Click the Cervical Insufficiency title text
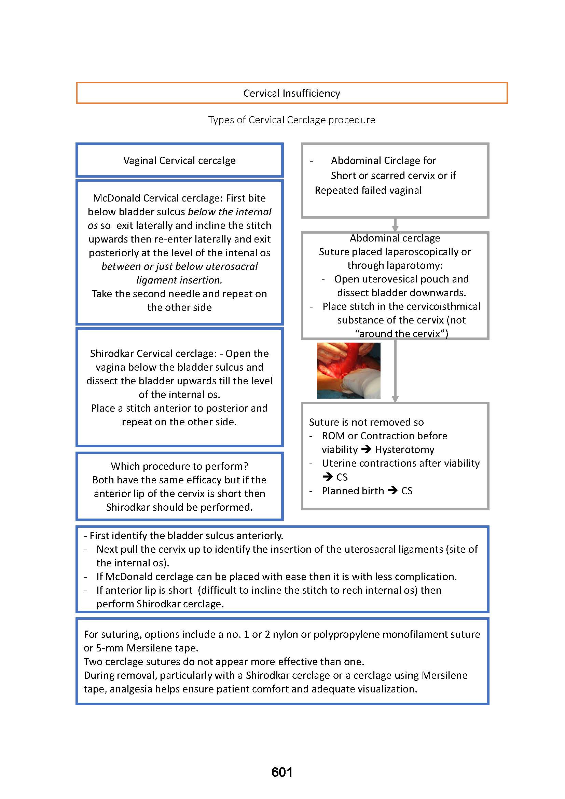pyautogui.click(x=291, y=93)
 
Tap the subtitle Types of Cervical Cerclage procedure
pyautogui.click(x=291, y=120)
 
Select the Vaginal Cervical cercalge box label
pyautogui.click(x=179, y=161)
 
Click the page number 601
pyautogui.click(x=282, y=772)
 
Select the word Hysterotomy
pyautogui.click(x=404, y=450)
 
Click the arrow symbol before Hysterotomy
pyautogui.click(x=366, y=449)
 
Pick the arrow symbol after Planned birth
pyautogui.click(x=392, y=491)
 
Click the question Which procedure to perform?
pyautogui.click(x=179, y=466)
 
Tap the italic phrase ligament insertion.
pyautogui.click(x=179, y=280)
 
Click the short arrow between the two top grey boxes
pyautogui.click(x=395, y=224)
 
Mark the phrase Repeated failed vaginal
pyautogui.click(x=368, y=190)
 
